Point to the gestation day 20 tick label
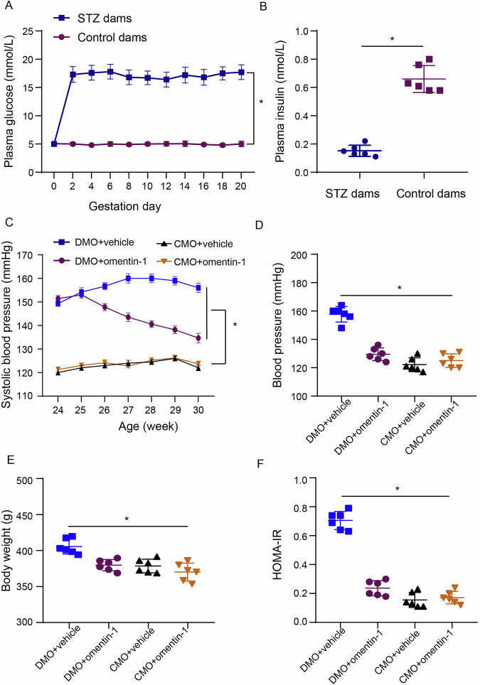241,185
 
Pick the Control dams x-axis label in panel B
424,194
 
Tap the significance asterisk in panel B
393,38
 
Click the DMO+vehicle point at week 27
128,278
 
